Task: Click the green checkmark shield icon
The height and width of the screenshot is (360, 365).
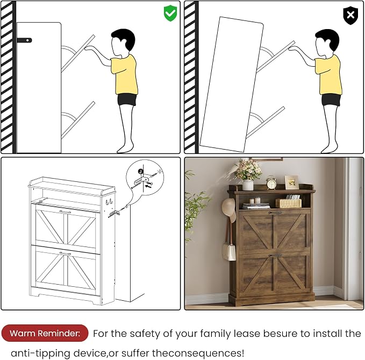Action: (170, 13)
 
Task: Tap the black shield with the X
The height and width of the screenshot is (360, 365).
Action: (350, 16)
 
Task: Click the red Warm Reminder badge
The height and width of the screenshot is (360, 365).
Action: (45, 333)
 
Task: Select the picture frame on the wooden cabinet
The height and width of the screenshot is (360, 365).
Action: (292, 182)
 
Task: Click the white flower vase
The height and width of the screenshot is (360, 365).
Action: (248, 185)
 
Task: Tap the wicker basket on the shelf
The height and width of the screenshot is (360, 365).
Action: (288, 203)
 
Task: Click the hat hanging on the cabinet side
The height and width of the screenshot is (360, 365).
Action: (228, 210)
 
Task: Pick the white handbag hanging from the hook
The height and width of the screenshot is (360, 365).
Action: (229, 252)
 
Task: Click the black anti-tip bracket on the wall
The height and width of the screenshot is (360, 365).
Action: (24, 40)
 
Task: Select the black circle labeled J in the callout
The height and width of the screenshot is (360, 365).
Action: (140, 171)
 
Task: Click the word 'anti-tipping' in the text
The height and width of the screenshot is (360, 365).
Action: (40, 353)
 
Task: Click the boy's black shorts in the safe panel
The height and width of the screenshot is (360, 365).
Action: (127, 99)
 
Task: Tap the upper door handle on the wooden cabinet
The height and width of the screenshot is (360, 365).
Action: (275, 213)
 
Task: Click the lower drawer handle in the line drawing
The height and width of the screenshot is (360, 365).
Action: (65, 253)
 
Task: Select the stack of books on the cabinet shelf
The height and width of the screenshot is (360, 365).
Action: (256, 206)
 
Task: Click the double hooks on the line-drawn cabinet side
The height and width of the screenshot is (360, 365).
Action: (109, 202)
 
